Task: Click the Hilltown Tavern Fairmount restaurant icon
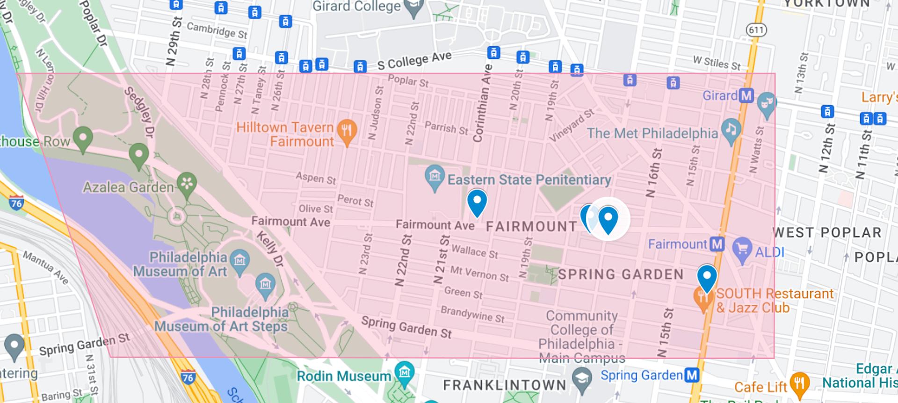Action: point(347,130)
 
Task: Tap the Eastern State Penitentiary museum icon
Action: point(435,177)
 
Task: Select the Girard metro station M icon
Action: point(746,96)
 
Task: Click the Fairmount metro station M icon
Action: point(717,244)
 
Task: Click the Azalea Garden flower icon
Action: point(187,183)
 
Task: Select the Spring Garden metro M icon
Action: point(692,375)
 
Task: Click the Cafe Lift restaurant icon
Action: point(800,383)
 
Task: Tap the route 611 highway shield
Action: point(756,30)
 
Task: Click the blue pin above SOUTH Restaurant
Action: point(707,276)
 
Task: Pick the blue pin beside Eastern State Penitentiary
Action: point(477,201)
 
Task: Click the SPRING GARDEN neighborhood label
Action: point(621,274)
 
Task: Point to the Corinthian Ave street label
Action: point(482,103)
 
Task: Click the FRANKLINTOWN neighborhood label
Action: point(504,385)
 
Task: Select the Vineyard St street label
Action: point(572,125)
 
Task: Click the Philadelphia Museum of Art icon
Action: point(239,260)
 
